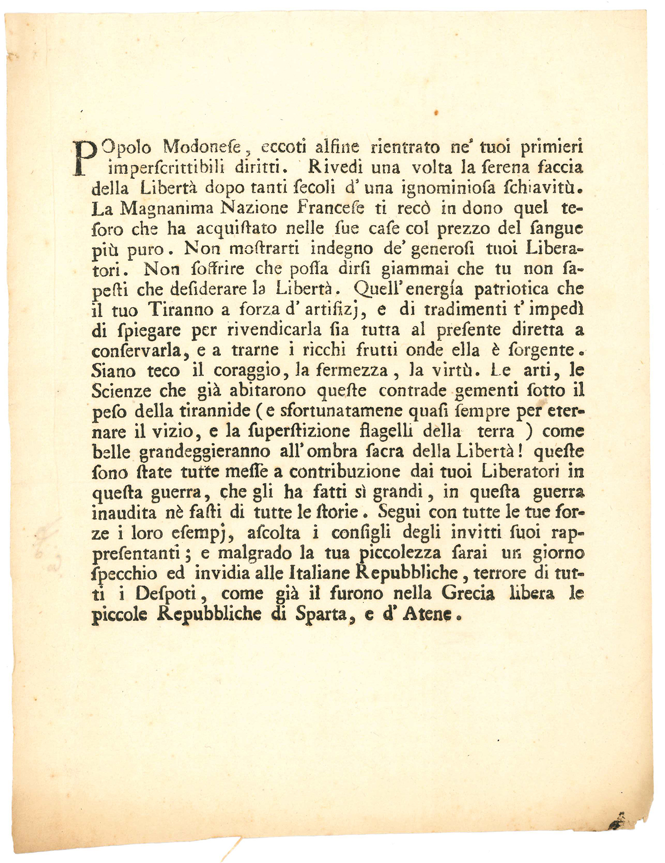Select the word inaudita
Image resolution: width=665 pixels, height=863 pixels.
tap(124, 513)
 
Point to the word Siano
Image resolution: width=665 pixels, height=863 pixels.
tap(114, 371)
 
